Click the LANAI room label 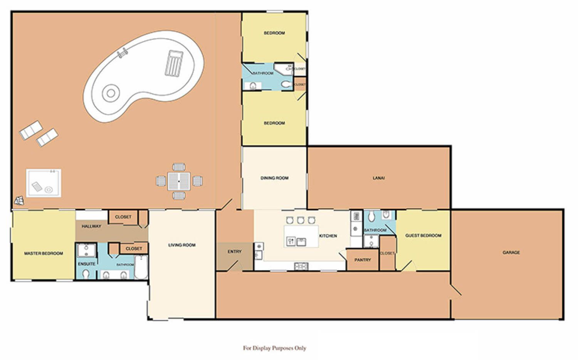pos(378,178)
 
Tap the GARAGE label pos(511,252)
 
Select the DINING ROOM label pos(274,178)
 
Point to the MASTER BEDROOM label pos(44,253)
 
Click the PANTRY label pos(363,260)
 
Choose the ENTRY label pos(235,251)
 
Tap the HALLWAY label pos(91,226)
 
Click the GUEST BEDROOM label pos(423,236)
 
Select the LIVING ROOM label pos(182,245)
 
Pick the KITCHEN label pos(328,236)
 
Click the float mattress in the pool pos(174,63)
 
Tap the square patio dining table pos(179,182)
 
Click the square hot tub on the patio pos(44,183)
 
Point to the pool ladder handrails pos(122,53)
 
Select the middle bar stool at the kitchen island pos(300,220)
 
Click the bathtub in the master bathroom pos(141,267)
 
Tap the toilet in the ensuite pos(86,274)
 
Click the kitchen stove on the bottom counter pos(301,266)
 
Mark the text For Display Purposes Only pos(274,348)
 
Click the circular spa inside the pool pos(111,93)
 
